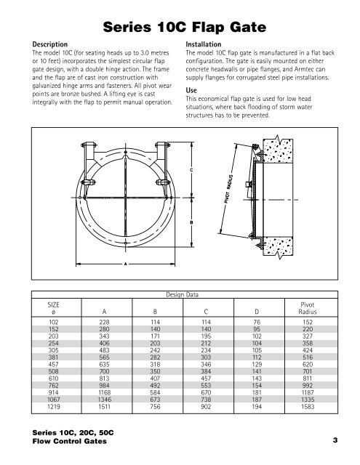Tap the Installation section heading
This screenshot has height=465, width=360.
click(x=207, y=44)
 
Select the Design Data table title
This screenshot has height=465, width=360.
click(x=179, y=296)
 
